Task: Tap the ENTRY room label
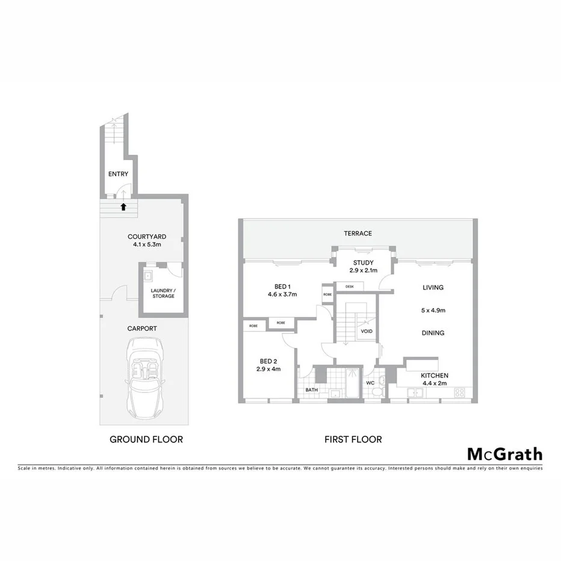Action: pyautogui.click(x=118, y=174)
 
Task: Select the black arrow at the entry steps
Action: pyautogui.click(x=123, y=206)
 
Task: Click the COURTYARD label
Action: pyautogui.click(x=147, y=237)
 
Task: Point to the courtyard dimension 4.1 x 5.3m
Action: pyautogui.click(x=147, y=245)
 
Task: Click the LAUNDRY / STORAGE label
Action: pyautogui.click(x=163, y=293)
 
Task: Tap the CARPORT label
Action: pyautogui.click(x=142, y=329)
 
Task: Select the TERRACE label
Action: pyautogui.click(x=358, y=234)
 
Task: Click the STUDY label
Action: pyautogui.click(x=364, y=262)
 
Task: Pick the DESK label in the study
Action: pyautogui.click(x=350, y=286)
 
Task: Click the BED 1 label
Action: pyautogui.click(x=282, y=286)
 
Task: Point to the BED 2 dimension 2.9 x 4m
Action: pyautogui.click(x=267, y=369)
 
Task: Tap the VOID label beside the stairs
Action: pyautogui.click(x=366, y=331)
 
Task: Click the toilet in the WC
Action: pyautogui.click(x=377, y=392)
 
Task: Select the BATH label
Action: pyautogui.click(x=311, y=389)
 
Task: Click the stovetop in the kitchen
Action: pyautogui.click(x=460, y=392)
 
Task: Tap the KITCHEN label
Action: pyautogui.click(x=435, y=375)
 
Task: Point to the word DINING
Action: pyautogui.click(x=433, y=333)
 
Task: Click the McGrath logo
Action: pyautogui.click(x=504, y=454)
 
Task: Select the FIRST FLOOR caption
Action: pyautogui.click(x=353, y=439)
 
